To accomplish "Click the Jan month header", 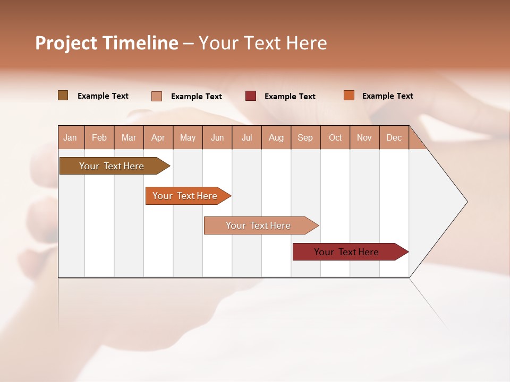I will click(x=70, y=138).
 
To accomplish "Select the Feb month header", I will click(x=99, y=138).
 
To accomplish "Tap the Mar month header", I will click(x=129, y=138).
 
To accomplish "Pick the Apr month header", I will click(x=158, y=138).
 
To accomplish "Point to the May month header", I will click(x=188, y=138).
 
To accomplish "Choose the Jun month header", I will click(x=217, y=138).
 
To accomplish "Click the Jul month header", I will click(x=246, y=138).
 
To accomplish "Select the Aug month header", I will click(x=276, y=138).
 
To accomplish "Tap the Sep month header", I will click(x=305, y=138).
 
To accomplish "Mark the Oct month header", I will click(x=335, y=138).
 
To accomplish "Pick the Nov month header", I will click(x=364, y=138).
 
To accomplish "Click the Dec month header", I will click(x=394, y=138).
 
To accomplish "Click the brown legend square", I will click(x=63, y=95).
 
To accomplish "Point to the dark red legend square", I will click(x=251, y=96).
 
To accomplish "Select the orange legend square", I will click(x=348, y=95).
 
